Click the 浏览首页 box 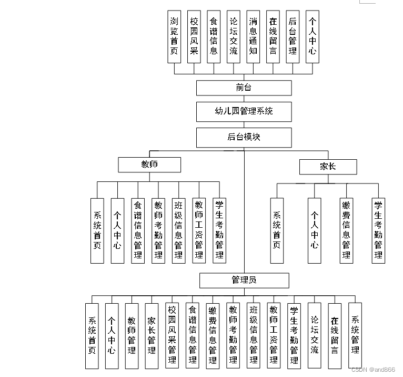click(x=174, y=36)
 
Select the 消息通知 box click(x=253, y=36)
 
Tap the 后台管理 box click(x=293, y=36)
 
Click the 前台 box click(x=244, y=88)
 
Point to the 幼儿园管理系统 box click(x=244, y=112)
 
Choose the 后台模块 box click(x=244, y=137)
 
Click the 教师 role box click(x=149, y=165)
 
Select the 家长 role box click(x=328, y=167)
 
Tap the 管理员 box click(x=244, y=280)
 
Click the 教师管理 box click(x=132, y=335)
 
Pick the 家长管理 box click(x=152, y=335)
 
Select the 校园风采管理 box click(x=172, y=335)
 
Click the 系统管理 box click(x=355, y=335)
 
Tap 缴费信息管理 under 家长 click(x=346, y=230)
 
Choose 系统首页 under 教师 click(x=97, y=230)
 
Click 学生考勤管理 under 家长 click(x=378, y=230)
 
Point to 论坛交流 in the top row click(x=233, y=36)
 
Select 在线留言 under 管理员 click(x=335, y=335)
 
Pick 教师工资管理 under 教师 click(x=199, y=230)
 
